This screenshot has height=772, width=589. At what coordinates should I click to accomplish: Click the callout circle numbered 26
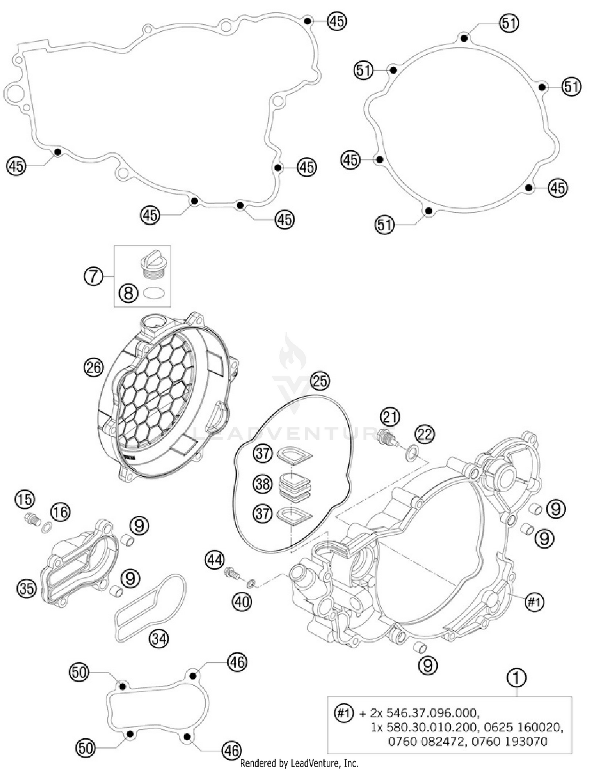pyautogui.click(x=93, y=367)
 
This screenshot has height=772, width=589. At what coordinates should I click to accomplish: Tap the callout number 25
pyautogui.click(x=320, y=381)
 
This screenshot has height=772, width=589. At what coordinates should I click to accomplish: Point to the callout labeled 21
pyautogui.click(x=390, y=417)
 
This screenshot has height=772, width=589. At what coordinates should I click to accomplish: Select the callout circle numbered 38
pyautogui.click(x=262, y=484)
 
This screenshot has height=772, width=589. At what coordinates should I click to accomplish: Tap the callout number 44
pyautogui.click(x=215, y=560)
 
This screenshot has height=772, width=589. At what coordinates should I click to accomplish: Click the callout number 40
pyautogui.click(x=242, y=601)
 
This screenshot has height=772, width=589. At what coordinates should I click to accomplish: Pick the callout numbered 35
pyautogui.click(x=26, y=588)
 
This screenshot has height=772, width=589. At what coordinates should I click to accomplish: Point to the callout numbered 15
pyautogui.click(x=25, y=499)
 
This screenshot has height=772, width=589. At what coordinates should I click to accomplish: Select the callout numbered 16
pyautogui.click(x=60, y=512)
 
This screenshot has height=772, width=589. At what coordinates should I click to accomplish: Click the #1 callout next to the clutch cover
pyautogui.click(x=534, y=601)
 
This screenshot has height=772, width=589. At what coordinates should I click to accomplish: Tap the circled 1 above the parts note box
pyautogui.click(x=517, y=678)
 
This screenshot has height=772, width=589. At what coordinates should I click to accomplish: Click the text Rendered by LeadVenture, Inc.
pyautogui.click(x=299, y=763)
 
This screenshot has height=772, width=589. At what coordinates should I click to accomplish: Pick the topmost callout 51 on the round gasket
pyautogui.click(x=509, y=23)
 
